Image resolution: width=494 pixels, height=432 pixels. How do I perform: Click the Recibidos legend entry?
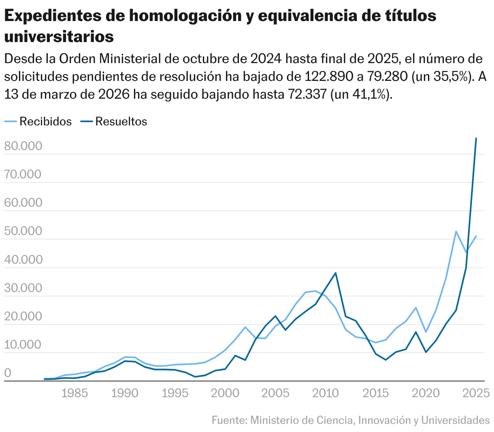point(45,121)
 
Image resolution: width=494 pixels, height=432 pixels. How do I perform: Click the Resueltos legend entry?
point(121,121)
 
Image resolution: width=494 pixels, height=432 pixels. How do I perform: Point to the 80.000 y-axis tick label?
point(23,146)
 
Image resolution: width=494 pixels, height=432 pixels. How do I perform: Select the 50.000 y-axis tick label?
point(23,231)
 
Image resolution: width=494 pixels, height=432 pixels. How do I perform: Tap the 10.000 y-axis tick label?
point(23,345)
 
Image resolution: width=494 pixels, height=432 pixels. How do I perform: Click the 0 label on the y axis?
point(7,373)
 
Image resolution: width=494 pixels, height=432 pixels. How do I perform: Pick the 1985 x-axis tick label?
point(75,393)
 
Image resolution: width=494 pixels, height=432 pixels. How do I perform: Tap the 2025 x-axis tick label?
point(476,393)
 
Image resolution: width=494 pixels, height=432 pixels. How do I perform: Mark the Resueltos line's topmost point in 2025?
point(476,139)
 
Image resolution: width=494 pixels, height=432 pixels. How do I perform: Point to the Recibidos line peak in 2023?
point(456,231)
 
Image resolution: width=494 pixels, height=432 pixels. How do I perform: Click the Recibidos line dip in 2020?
point(426,332)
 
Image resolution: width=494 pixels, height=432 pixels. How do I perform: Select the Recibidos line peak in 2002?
point(245,327)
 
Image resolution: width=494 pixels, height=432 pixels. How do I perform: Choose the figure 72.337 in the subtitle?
point(307,94)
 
